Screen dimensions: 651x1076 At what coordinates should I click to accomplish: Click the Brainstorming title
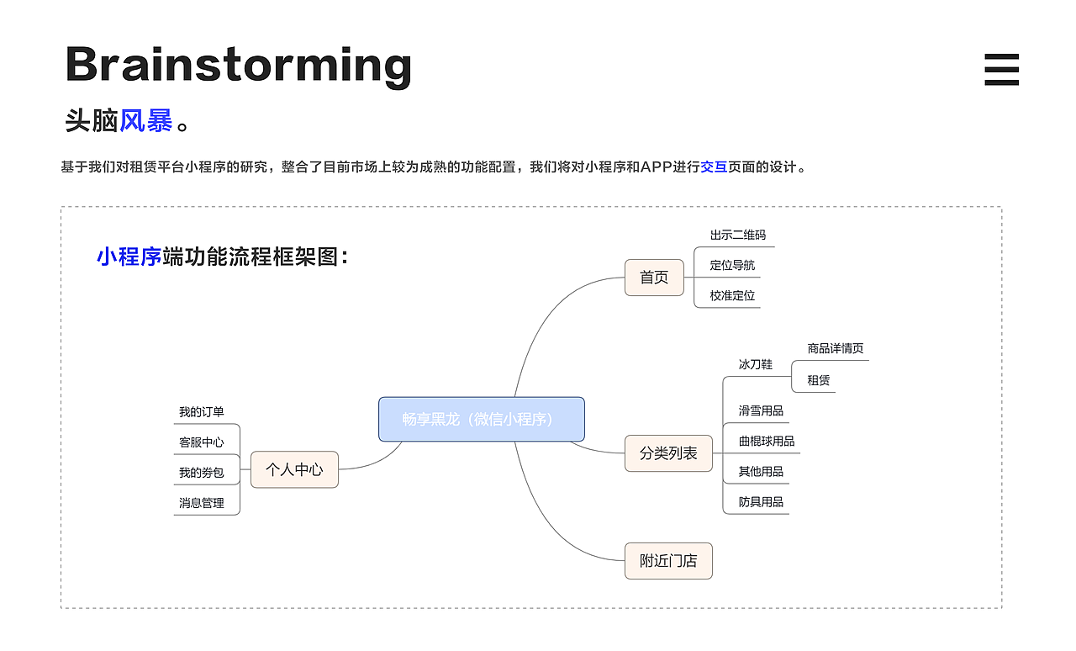click(x=238, y=66)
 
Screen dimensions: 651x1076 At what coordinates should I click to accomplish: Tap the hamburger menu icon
click(x=1001, y=70)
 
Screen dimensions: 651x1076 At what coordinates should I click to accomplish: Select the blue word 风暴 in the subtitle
click(x=145, y=121)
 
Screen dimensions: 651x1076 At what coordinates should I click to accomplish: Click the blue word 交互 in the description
click(x=713, y=167)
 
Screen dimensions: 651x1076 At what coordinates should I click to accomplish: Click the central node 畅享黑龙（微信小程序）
click(x=481, y=419)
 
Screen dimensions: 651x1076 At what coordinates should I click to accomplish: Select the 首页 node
click(x=654, y=278)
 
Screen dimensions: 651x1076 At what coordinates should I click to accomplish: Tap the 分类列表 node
click(x=668, y=453)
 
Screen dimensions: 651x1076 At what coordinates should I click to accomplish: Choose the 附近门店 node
click(x=668, y=561)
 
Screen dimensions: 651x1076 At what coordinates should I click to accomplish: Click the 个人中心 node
click(x=294, y=469)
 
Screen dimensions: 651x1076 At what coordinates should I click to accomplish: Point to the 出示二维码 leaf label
click(x=737, y=236)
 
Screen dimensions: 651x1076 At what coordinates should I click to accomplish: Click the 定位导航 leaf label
click(x=732, y=266)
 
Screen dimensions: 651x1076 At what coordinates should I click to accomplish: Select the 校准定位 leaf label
click(x=732, y=296)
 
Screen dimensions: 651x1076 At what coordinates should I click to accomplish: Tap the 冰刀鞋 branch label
click(x=755, y=364)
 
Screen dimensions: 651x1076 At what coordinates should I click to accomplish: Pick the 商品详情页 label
click(x=835, y=348)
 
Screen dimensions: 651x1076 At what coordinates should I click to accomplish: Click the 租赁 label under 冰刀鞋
click(x=818, y=380)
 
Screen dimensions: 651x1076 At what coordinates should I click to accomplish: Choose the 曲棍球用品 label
click(x=766, y=442)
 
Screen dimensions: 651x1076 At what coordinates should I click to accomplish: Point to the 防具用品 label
click(x=761, y=502)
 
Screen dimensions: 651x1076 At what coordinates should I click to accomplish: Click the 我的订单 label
click(x=202, y=412)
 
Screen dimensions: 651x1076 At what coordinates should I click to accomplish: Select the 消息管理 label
click(x=202, y=503)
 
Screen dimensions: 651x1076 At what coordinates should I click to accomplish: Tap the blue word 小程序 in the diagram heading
click(x=129, y=257)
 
